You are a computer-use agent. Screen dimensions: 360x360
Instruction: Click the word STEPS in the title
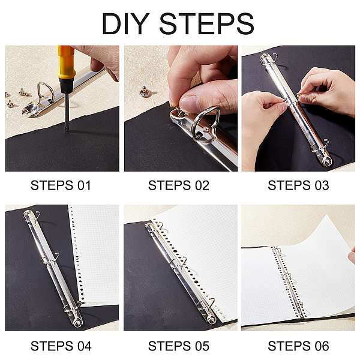tap(206, 23)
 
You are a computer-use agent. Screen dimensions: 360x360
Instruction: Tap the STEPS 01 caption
tap(61, 185)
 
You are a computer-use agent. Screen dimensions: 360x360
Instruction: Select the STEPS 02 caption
tap(179, 185)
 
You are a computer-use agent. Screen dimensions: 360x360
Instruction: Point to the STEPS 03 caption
tap(298, 185)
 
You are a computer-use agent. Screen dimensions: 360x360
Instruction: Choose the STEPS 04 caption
tap(61, 346)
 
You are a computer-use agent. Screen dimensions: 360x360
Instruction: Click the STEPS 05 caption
tap(179, 346)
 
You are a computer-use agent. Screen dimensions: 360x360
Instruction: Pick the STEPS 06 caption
tap(298, 346)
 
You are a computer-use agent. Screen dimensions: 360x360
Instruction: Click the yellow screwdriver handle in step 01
tap(66, 62)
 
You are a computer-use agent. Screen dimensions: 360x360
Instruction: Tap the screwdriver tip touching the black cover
tap(67, 129)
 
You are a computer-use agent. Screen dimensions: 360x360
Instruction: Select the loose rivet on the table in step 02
tap(145, 92)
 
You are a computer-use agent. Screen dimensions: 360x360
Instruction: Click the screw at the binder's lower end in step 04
tap(77, 322)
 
